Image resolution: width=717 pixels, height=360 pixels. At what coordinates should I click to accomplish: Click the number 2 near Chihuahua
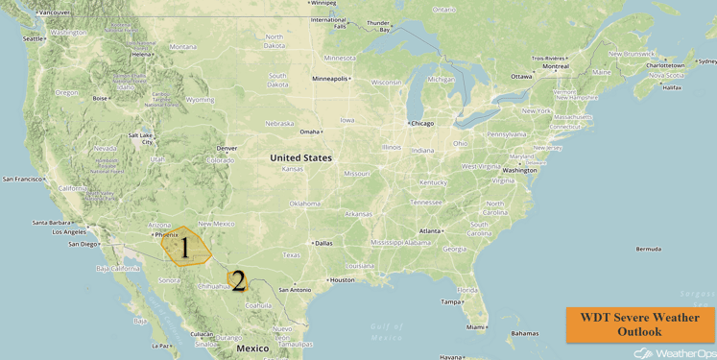click(237, 281)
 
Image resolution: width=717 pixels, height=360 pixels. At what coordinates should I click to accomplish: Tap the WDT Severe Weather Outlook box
click(639, 324)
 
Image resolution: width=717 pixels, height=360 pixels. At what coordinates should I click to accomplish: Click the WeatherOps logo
click(673, 353)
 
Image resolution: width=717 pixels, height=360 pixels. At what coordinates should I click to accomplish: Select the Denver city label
click(227, 148)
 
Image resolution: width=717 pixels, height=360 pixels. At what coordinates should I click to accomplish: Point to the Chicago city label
click(421, 123)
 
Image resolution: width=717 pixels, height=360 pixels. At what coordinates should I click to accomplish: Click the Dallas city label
click(323, 243)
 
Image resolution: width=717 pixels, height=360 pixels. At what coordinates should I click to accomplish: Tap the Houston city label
click(342, 280)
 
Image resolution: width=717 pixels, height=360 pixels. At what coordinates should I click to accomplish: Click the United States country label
click(300, 158)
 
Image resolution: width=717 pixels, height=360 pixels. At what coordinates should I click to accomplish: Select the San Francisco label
click(24, 180)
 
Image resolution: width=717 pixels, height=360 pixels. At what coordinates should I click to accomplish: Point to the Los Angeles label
click(68, 231)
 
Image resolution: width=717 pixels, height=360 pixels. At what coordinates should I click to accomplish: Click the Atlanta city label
click(430, 231)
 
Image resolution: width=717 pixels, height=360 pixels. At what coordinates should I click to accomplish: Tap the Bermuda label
click(648, 249)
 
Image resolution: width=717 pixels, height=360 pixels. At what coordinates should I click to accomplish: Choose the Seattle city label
click(34, 39)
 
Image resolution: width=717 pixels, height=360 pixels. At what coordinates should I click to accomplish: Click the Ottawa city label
click(521, 77)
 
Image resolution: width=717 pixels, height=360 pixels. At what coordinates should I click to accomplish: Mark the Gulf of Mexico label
click(387, 332)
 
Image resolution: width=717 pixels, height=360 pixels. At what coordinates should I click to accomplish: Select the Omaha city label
click(309, 132)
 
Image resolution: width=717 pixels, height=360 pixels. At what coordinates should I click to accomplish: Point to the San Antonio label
click(294, 290)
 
